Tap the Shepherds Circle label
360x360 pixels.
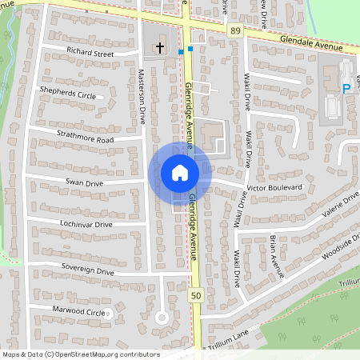click(68, 95)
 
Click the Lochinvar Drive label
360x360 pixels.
click(81, 225)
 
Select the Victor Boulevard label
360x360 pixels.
click(275, 187)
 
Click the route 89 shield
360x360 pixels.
click(234, 31)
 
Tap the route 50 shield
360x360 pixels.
click(196, 296)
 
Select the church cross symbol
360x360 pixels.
click(159, 48)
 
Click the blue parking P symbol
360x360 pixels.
click(346, 89)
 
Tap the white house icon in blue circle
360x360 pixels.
click(179, 173)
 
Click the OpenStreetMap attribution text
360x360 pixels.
click(82, 354)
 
